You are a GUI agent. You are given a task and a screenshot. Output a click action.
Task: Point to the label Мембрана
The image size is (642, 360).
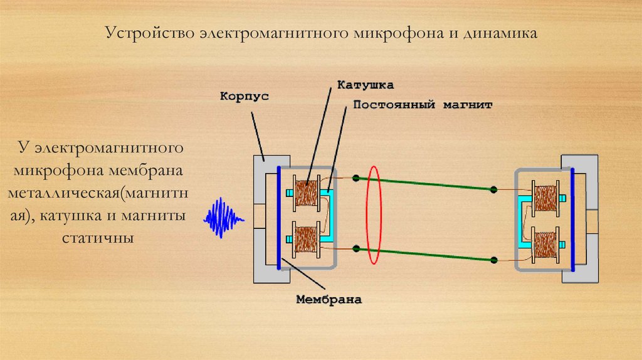pyautogui.click(x=329, y=299)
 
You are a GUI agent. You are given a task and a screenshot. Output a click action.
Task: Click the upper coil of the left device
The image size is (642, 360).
pyautogui.click(x=307, y=193)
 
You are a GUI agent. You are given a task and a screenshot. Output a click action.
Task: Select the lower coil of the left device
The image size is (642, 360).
pyautogui.click(x=307, y=238)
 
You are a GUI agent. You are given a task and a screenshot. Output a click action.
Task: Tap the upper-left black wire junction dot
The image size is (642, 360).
pyautogui.click(x=355, y=179)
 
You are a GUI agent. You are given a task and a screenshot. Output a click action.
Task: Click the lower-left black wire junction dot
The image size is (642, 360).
pyautogui.click(x=355, y=249)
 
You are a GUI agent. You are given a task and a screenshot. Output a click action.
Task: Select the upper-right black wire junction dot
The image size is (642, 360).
pyautogui.click(x=494, y=189)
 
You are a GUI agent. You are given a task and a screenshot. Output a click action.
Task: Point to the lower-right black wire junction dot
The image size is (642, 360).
pyautogui.click(x=494, y=259)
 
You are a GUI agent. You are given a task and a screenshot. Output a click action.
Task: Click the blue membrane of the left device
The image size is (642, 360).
pyautogui.click(x=278, y=217)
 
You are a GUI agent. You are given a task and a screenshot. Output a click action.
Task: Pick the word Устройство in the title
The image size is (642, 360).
pyautogui.click(x=149, y=32)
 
